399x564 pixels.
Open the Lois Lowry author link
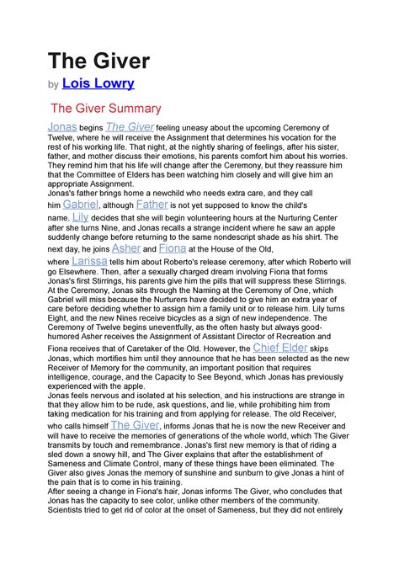98,84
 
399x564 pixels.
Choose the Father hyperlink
152,205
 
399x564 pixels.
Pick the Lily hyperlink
81,217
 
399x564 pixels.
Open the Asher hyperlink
126,249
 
